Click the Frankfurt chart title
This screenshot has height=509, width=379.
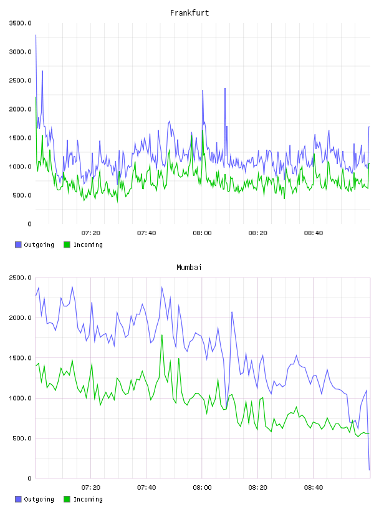pos(189,13)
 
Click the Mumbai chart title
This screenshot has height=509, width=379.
pos(189,268)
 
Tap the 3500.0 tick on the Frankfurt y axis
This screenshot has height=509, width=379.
pos(20,23)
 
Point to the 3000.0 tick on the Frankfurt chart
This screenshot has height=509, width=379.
pos(20,52)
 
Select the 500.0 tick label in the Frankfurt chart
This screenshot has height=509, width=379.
pos(22,195)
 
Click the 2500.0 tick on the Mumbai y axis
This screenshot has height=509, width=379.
pos(20,278)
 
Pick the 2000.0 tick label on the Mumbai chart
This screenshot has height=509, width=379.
pos(20,318)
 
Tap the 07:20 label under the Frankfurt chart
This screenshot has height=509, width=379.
pos(91,233)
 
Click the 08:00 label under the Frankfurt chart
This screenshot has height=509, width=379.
pos(202,233)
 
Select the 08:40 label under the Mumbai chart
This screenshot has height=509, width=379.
pos(314,488)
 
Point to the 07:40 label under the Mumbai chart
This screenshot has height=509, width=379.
pos(146,488)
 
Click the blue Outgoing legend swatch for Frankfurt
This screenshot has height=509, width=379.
pos(18,245)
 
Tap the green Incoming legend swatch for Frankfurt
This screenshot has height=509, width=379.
pos(67,245)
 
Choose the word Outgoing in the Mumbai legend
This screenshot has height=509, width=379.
pos(39,499)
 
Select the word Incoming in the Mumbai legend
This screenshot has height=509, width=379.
pos(88,499)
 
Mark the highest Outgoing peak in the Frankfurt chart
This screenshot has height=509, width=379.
pos(36,35)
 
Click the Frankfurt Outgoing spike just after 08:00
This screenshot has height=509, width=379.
pos(203,90)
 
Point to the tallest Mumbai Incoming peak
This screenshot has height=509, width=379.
pos(161,335)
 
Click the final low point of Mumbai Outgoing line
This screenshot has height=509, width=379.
pos(369,470)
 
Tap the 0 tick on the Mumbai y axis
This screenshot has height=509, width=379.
pos(29,478)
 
